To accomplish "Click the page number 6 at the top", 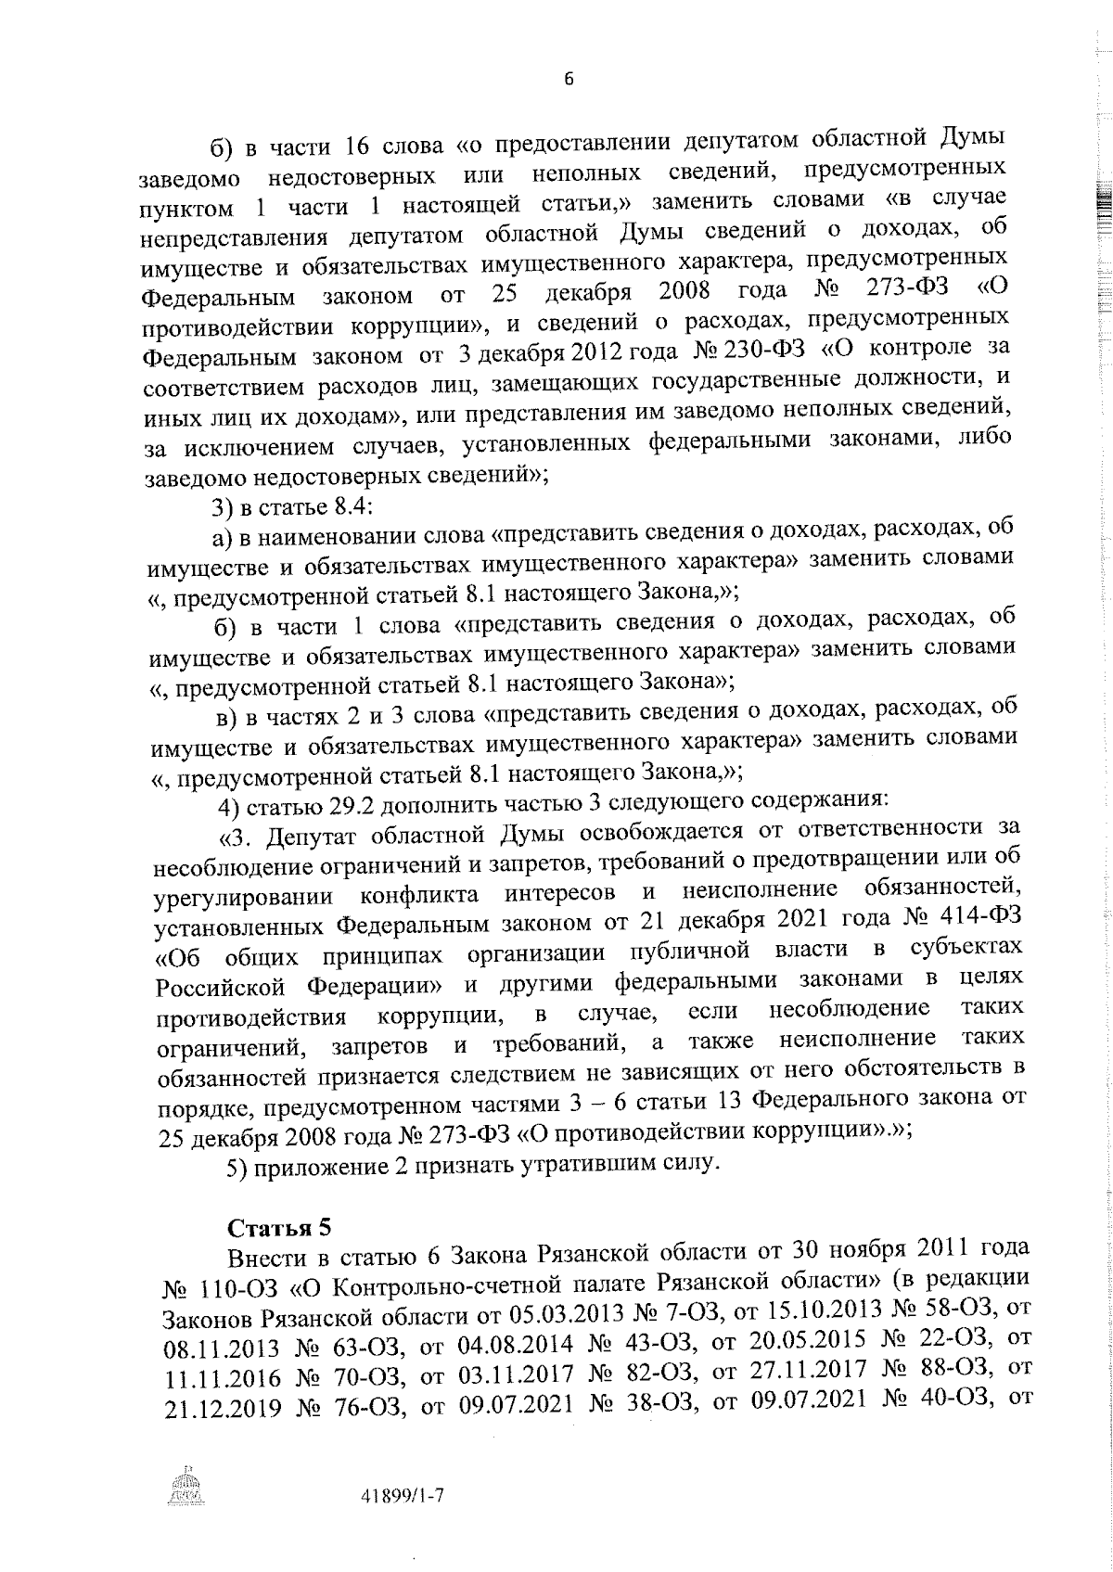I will [x=569, y=80].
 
